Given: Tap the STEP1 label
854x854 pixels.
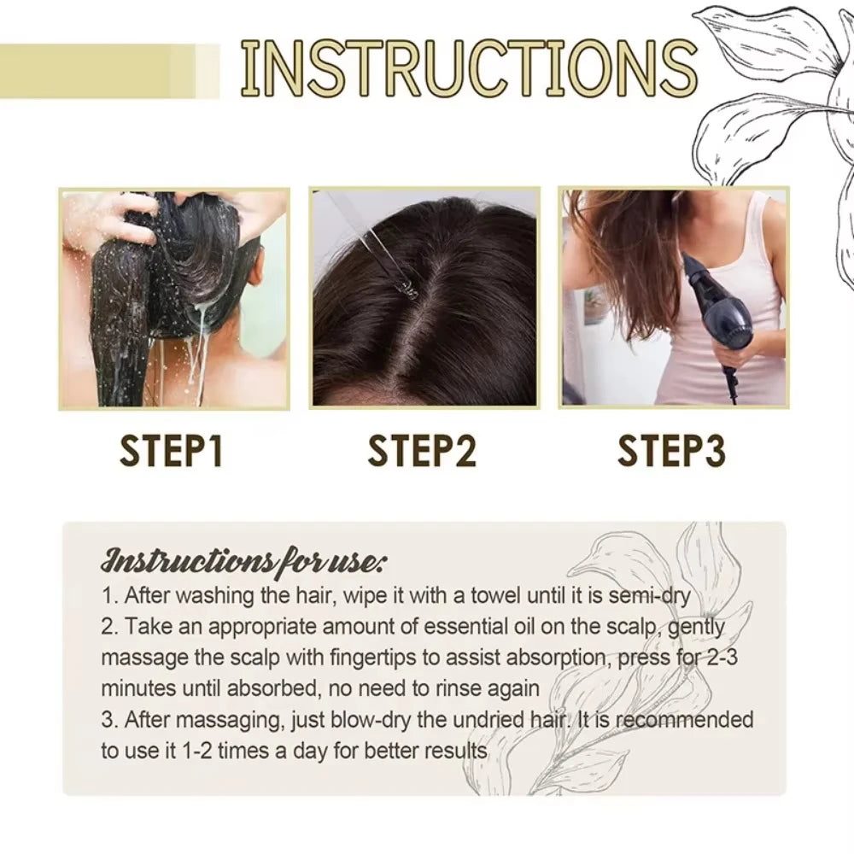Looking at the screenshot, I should point(171,451).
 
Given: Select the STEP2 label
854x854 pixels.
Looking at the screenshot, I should point(421,451).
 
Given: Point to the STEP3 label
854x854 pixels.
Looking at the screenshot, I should point(671,451).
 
